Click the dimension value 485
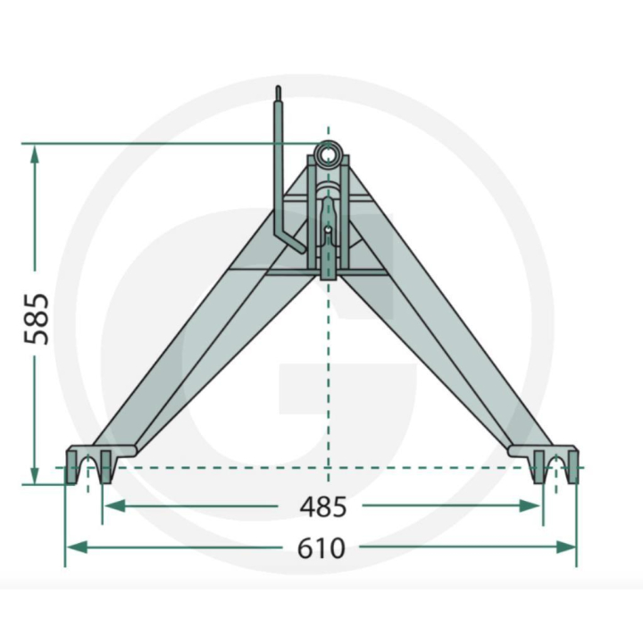pyautogui.click(x=322, y=507)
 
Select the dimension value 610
pyautogui.click(x=322, y=547)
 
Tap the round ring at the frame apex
pyautogui.click(x=329, y=154)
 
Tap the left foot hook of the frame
pyautogui.click(x=87, y=465)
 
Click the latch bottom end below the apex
pyautogui.click(x=328, y=271)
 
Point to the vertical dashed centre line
pyautogui.click(x=329, y=375)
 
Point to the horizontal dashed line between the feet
pyautogui.click(x=321, y=467)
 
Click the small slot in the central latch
pyautogui.click(x=328, y=234)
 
